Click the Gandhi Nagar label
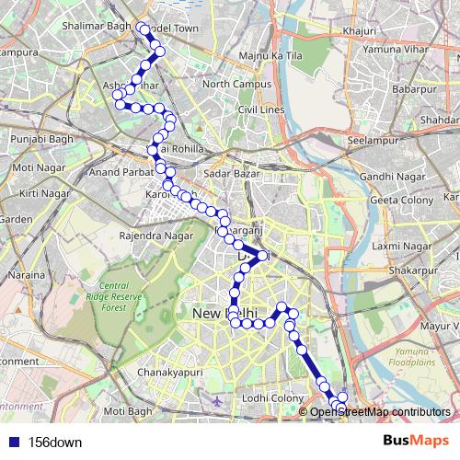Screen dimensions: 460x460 pos(390,175)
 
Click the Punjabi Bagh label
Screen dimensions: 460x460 pos(40,139)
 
